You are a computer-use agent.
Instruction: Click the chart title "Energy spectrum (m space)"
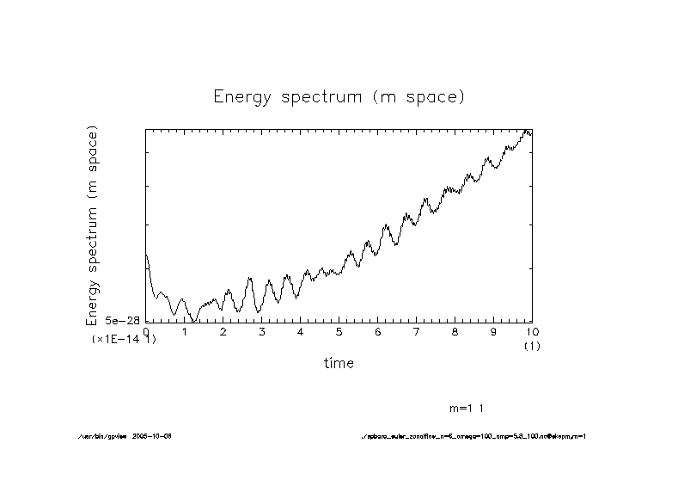click(339, 97)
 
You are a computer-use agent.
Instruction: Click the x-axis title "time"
click(339, 363)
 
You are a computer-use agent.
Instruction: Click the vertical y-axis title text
click(92, 225)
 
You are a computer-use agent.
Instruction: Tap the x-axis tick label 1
click(184, 331)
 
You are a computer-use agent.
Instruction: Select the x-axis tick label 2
click(223, 331)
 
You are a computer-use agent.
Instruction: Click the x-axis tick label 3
click(261, 331)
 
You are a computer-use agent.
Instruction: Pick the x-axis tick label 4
click(300, 331)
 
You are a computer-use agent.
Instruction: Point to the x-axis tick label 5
click(339, 331)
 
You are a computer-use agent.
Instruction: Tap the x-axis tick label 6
click(377, 331)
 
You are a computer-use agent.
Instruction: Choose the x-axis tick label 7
click(416, 331)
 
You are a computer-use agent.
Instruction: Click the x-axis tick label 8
click(455, 331)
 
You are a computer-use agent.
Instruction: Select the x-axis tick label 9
click(493, 331)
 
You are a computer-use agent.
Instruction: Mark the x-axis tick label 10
click(531, 331)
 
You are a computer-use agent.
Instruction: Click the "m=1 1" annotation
click(472, 407)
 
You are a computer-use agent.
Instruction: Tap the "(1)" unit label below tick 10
click(531, 345)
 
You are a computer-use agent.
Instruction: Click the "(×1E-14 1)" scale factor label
click(124, 340)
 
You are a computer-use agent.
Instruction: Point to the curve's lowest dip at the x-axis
click(194, 321)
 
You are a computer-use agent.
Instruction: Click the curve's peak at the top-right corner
click(526, 130)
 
